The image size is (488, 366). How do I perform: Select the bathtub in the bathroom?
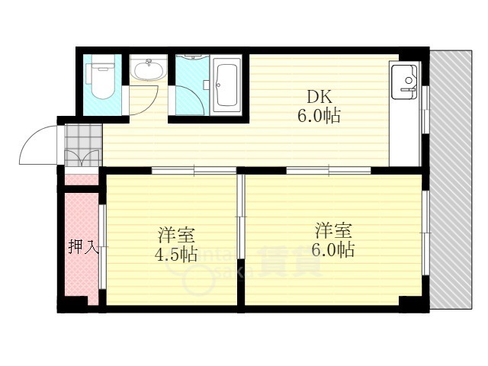[227, 84]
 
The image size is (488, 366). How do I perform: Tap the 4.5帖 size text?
[176, 254]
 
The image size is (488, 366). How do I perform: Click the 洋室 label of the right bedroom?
[334, 230]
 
